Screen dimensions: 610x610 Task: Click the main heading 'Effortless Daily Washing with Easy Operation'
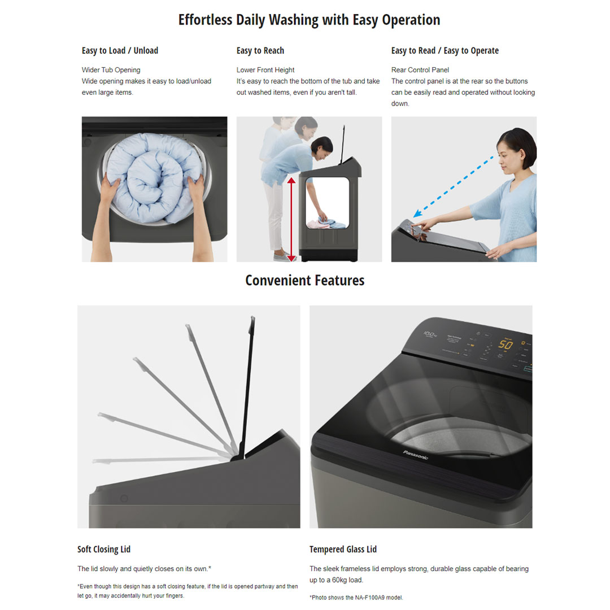310,20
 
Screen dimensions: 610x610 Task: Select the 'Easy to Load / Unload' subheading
120,51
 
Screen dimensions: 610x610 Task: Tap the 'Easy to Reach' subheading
260,51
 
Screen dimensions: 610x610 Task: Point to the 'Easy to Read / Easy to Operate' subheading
445,51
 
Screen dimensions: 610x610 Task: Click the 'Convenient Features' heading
305,280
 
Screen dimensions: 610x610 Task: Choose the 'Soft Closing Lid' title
104,549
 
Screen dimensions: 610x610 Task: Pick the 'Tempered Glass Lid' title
343,549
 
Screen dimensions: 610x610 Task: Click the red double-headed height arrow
291,219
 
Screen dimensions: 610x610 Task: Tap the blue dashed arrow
453,187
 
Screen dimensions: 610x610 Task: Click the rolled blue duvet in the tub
154,177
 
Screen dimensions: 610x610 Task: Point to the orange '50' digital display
506,345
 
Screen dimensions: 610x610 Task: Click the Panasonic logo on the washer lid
416,455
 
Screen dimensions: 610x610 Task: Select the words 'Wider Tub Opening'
111,70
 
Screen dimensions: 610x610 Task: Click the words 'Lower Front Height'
265,70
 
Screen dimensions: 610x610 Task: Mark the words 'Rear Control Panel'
420,70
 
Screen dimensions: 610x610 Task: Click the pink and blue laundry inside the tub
326,223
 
